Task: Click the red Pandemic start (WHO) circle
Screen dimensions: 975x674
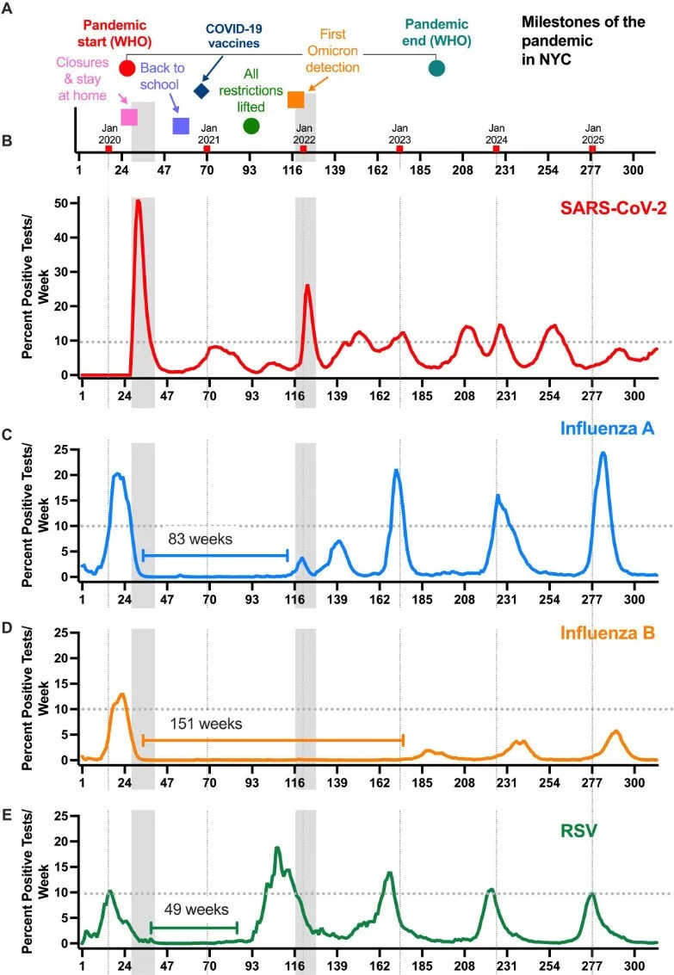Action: [x=127, y=69]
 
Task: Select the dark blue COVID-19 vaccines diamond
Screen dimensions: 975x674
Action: [x=201, y=90]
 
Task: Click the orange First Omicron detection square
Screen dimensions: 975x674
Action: [x=295, y=100]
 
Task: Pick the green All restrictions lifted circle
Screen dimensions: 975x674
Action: [x=251, y=127]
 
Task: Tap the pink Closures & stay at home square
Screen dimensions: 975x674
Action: [x=129, y=117]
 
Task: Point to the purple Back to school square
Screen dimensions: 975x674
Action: [x=181, y=127]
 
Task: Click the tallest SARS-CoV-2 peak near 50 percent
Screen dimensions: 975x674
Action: [x=138, y=202]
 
